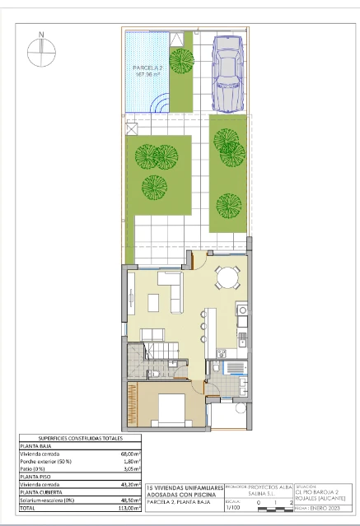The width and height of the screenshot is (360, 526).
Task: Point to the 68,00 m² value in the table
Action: click(x=128, y=454)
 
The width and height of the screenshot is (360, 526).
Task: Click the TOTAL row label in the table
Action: click(x=29, y=508)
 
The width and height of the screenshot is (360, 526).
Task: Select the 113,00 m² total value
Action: click(x=128, y=508)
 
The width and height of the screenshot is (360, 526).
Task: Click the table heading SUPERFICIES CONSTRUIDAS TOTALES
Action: click(x=80, y=438)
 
